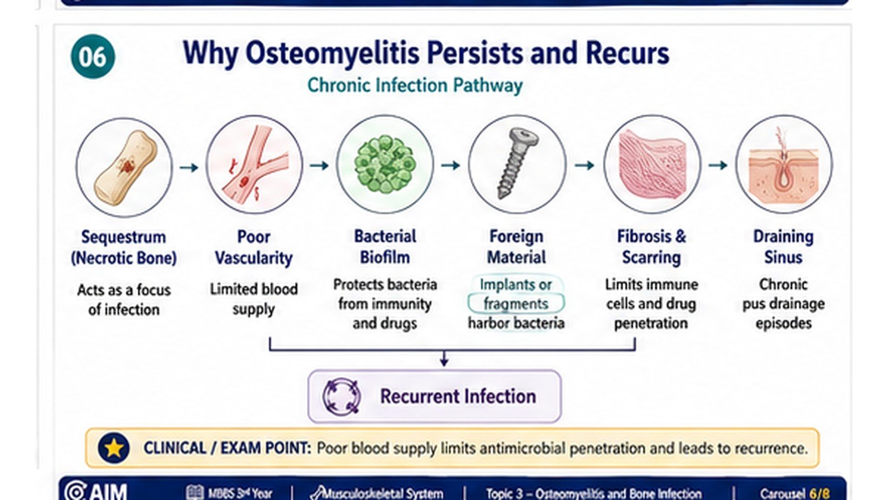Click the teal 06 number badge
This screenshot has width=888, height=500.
pyautogui.click(x=93, y=56)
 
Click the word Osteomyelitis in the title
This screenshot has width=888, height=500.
pyautogui.click(x=332, y=53)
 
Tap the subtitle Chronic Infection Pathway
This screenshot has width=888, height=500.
pyautogui.click(x=415, y=86)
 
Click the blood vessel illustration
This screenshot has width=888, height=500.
pyautogui.click(x=255, y=165)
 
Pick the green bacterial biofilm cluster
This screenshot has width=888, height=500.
pyautogui.click(x=385, y=163)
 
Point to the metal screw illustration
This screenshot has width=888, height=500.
pyautogui.click(x=517, y=162)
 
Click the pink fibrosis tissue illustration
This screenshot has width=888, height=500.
pyautogui.click(x=652, y=163)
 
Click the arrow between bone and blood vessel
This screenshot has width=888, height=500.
pyautogui.click(x=189, y=167)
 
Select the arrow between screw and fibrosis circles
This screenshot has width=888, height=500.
pyautogui.click(x=584, y=165)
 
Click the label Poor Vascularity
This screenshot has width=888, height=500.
pyautogui.click(x=254, y=247)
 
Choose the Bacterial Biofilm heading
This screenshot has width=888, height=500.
pyautogui.click(x=385, y=247)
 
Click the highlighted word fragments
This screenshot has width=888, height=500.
pyautogui.click(x=516, y=304)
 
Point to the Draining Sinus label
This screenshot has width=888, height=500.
pyautogui.click(x=783, y=247)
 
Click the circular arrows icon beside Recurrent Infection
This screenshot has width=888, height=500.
pyautogui.click(x=342, y=397)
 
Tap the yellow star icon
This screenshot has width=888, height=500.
pyautogui.click(x=114, y=448)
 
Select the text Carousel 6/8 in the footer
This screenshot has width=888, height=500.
pyautogui.click(x=794, y=493)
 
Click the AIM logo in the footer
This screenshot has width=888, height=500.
pyautogui.click(x=95, y=491)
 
